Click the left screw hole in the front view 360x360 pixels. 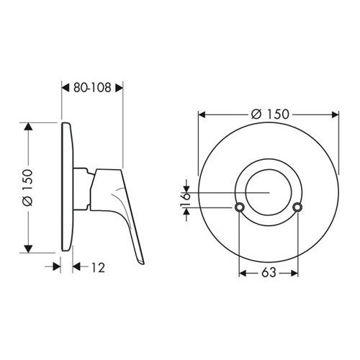(238, 208)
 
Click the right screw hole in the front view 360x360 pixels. (298, 208)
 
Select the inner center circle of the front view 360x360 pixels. (268, 193)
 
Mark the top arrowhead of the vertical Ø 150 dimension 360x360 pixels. (30, 127)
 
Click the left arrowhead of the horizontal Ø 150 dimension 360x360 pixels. (203, 114)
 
